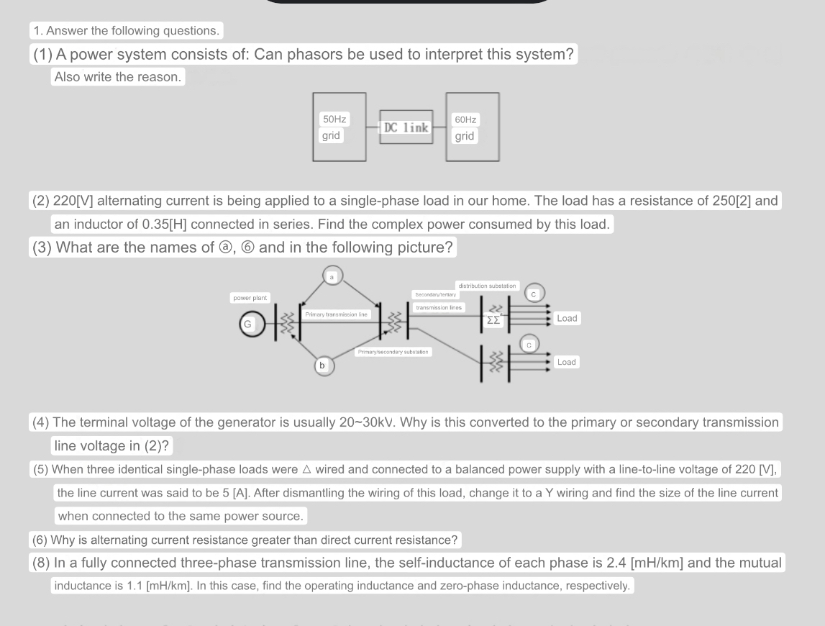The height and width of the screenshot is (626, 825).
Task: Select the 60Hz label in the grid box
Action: tap(465, 119)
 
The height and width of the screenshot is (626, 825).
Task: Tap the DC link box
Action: tap(406, 128)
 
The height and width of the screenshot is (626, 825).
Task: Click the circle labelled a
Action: tap(332, 276)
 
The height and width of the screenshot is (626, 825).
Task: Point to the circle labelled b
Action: tap(322, 366)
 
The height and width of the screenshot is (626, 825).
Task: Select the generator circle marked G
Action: tap(247, 325)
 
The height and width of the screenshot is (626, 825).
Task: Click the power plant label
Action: tap(250, 298)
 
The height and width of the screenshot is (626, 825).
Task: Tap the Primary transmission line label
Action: tap(336, 314)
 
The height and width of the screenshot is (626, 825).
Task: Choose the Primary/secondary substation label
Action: tap(393, 351)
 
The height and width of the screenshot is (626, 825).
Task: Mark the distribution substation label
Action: tap(486, 286)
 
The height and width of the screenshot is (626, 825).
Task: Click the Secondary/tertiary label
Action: tap(435, 294)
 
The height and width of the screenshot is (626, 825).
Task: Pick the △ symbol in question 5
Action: tap(306, 470)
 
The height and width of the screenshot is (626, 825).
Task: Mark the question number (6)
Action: tap(40, 540)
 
